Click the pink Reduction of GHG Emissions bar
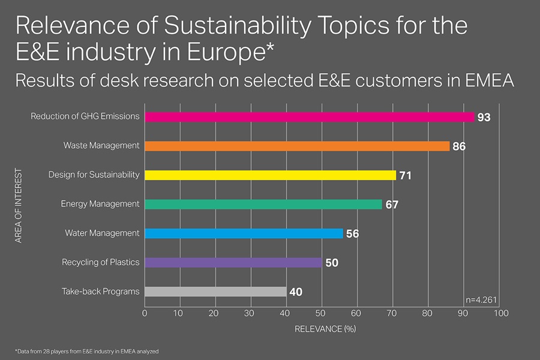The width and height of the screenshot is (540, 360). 309,117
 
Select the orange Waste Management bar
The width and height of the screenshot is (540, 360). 297,146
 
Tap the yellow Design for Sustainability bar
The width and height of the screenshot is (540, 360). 270,175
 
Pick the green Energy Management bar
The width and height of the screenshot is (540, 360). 263,204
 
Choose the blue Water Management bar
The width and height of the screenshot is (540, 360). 244,233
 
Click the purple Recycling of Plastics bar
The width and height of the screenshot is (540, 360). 233,262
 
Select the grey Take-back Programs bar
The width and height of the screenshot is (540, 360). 215,292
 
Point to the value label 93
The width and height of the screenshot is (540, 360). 484,118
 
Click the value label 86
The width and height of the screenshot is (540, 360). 460,146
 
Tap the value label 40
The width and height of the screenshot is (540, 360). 295,292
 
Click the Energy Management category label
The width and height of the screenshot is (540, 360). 100,204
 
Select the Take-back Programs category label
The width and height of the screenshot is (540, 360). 101,292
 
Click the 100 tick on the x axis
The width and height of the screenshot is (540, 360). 501,313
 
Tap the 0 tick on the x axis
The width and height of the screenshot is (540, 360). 145,313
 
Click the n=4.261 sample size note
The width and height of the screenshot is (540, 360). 481,299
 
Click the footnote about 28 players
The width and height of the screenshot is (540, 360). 86,350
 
